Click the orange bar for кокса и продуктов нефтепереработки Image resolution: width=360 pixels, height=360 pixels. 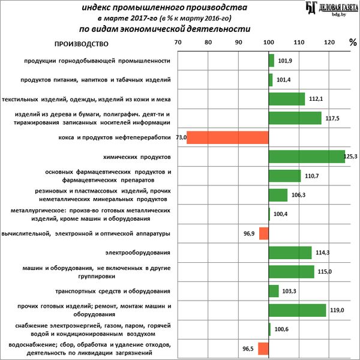point(227,137)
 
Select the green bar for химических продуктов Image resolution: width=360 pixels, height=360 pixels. point(307,157)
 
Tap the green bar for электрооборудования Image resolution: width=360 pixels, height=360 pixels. point(290,252)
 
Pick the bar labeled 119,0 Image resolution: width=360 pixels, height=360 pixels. point(297,310)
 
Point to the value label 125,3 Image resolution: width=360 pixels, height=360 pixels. point(351,157)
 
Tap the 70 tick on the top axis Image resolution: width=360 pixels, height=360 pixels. point(178,43)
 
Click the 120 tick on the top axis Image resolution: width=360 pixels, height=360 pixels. point(328,43)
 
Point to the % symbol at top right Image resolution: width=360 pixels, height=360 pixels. point(352,43)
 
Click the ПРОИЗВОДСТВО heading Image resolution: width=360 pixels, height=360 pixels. point(81,44)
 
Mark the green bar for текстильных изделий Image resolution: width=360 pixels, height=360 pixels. point(286,99)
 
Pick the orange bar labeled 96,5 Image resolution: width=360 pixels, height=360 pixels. point(263,349)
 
